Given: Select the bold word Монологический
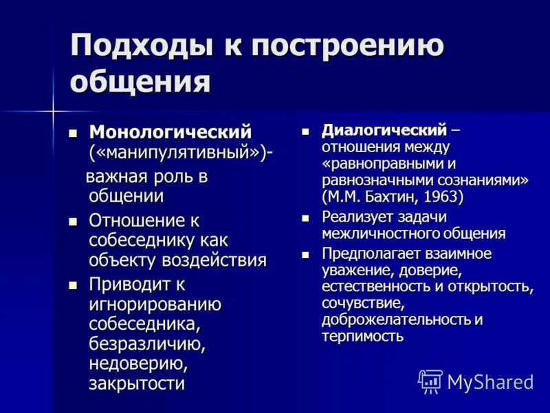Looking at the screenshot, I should point(170,131).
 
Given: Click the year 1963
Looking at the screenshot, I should point(443,198).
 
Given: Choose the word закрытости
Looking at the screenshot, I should point(137,383).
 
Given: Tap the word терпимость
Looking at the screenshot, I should point(362,337).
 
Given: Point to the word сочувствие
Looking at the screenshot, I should point(361,303).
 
